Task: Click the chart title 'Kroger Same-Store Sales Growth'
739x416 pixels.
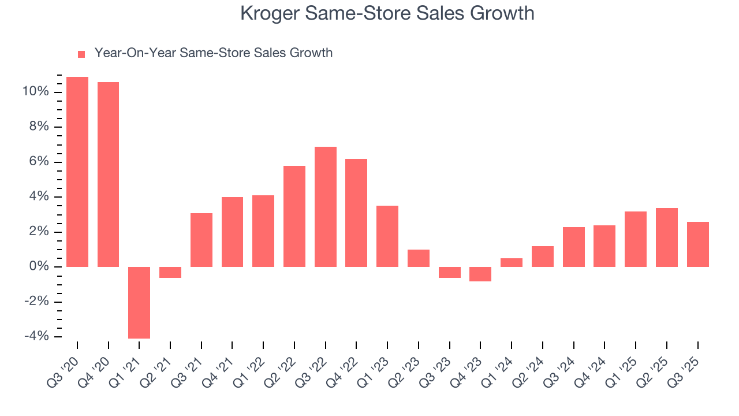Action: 387,14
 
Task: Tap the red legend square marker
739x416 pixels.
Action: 81,54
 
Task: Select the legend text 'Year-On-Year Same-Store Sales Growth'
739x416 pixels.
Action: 213,53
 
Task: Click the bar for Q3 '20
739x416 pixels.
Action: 77,172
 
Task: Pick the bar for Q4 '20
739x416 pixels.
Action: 108,174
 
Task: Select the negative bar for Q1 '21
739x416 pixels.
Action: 139,302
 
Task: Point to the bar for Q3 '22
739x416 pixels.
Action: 326,207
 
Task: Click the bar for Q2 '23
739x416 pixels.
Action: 419,258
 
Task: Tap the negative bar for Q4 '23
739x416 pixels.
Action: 480,274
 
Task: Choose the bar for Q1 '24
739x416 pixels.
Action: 512,262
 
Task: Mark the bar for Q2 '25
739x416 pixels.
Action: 667,237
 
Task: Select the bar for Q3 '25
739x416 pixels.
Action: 697,244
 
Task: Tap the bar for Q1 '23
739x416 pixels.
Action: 387,236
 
